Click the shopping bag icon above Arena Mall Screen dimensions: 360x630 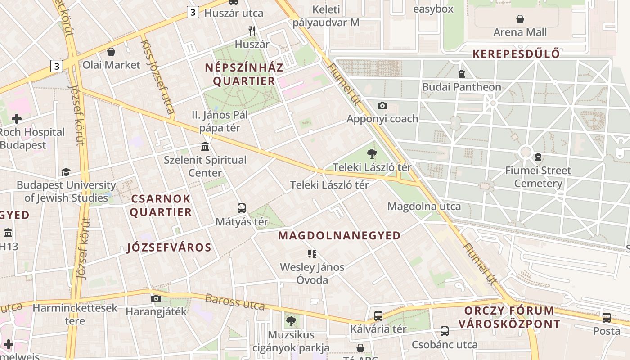520,19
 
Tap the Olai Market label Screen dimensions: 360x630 111,65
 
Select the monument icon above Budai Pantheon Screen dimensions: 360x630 461,73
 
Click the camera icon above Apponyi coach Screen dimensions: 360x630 382,105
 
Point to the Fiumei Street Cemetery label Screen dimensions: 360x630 538,177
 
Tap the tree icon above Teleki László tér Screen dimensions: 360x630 372,154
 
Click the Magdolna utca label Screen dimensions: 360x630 424,207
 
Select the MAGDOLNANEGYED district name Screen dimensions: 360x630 339,235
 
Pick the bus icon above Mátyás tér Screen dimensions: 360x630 242,208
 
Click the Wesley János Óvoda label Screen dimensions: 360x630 312,273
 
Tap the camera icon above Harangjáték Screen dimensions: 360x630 156,298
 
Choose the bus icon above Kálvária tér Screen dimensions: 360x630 378,315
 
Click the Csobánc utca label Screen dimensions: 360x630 445,345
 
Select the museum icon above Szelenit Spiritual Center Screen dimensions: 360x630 206,146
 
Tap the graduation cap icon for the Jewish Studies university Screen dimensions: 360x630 66,172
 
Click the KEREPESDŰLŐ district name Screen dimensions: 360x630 516,54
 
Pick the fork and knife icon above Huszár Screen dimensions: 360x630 252,31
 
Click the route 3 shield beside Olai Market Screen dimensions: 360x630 56,66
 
